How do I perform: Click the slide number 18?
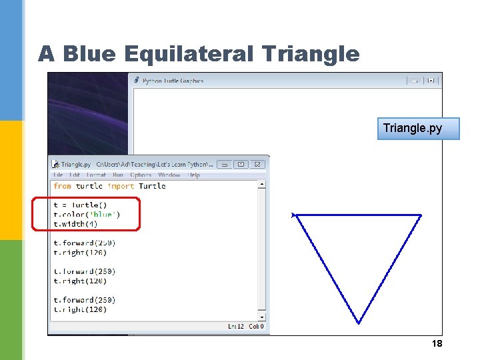pos(437,343)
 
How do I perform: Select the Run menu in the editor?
pos(118,175)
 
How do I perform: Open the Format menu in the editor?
pos(96,175)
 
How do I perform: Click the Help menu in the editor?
pos(193,175)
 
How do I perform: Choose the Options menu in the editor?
pos(141,175)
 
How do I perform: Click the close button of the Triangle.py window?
pos(258,164)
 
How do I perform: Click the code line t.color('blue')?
pos(87,215)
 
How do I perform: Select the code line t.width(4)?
pos(75,224)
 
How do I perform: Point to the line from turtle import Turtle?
pos(109,186)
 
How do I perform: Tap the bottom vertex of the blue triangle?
pos(359,323)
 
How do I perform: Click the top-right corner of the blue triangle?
pos(421,215)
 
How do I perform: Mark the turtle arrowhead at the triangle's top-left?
pos(293,215)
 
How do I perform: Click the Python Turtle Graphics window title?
pos(173,81)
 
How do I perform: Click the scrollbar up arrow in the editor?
pos(262,185)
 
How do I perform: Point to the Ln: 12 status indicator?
pos(236,327)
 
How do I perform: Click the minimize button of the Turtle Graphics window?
pos(415,81)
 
